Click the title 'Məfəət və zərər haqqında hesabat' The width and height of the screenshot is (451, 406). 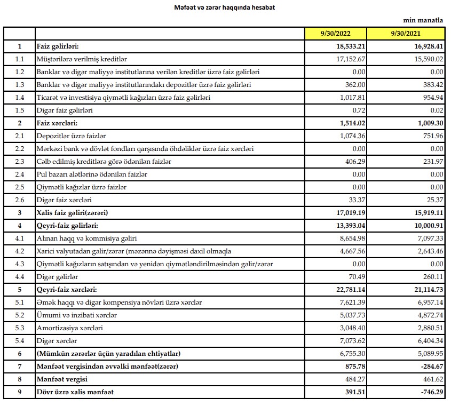tap(225, 7)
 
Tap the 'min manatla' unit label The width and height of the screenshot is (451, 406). tap(425, 20)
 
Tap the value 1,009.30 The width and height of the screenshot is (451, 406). tap(426, 122)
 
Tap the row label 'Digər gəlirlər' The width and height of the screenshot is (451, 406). tap(57, 277)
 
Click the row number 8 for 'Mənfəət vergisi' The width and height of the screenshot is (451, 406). tap(19, 380)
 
